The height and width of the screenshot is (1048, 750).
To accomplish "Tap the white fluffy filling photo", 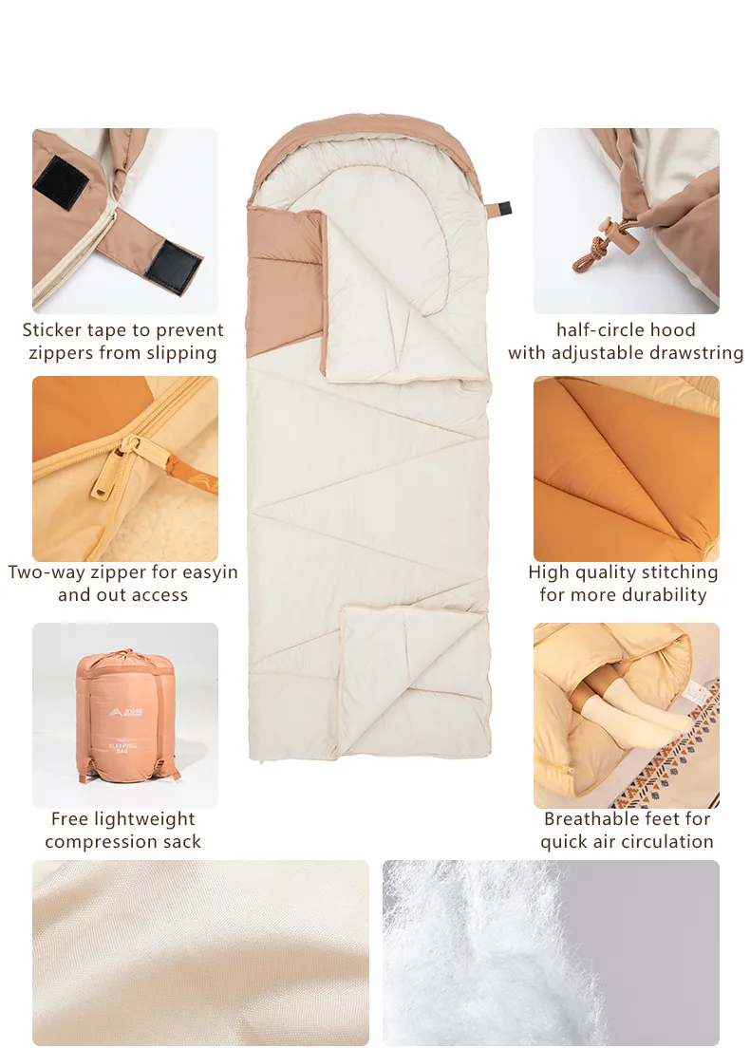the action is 551,952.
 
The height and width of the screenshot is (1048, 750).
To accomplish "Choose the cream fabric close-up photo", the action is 200,952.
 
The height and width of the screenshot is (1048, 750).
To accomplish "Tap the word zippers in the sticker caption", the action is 59,353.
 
